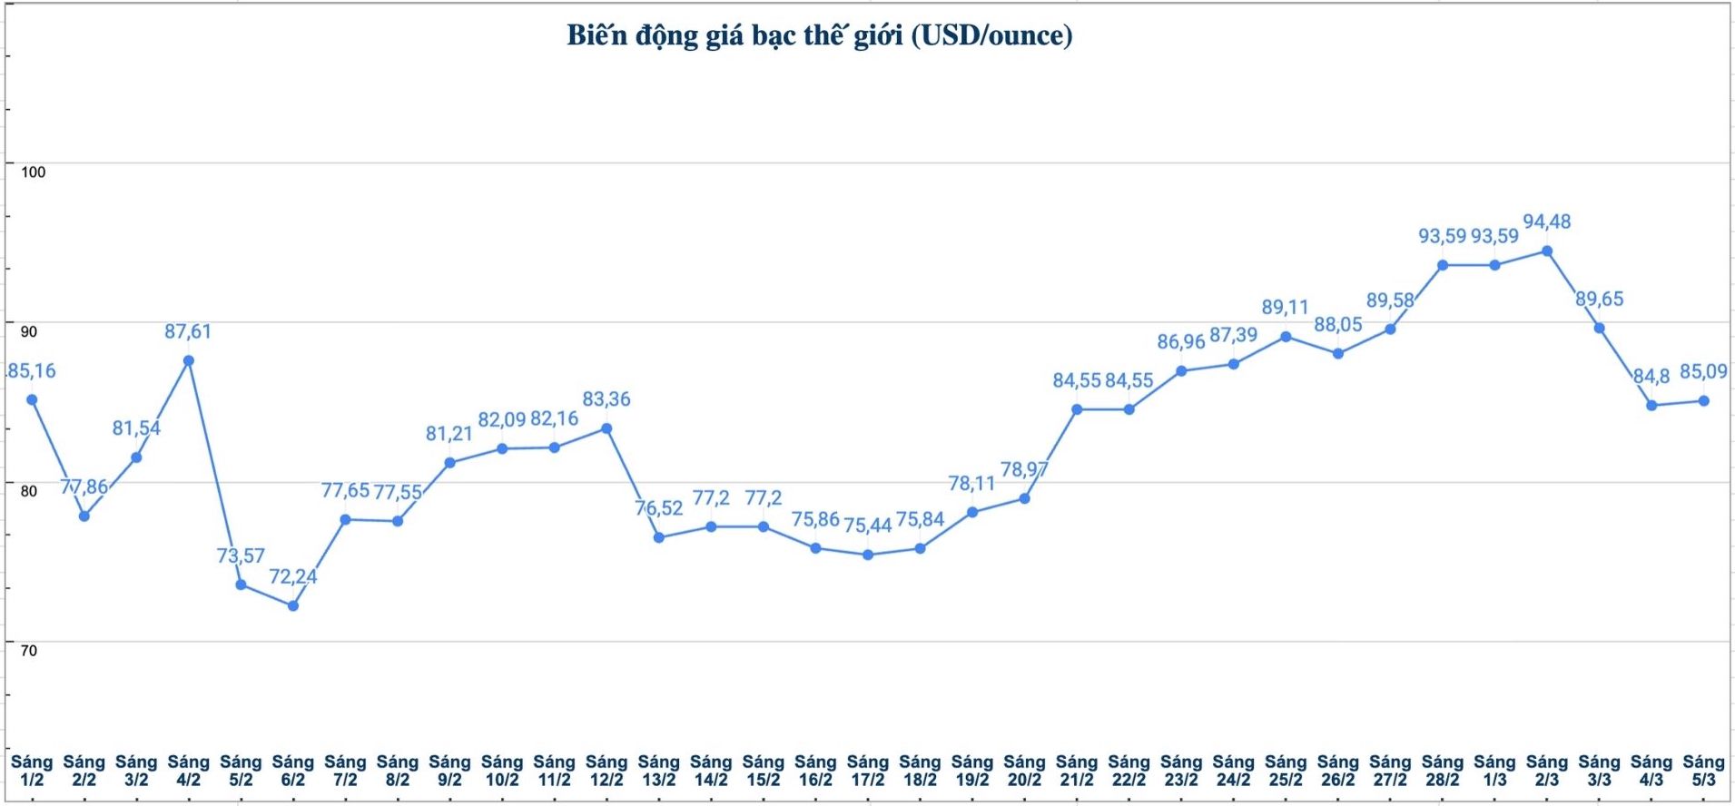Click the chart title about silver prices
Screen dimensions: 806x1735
tap(819, 35)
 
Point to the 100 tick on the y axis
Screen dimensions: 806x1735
tap(33, 172)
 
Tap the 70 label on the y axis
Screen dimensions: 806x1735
tap(29, 651)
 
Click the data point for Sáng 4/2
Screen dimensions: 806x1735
tap(189, 360)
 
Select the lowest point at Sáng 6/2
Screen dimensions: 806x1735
tap(293, 605)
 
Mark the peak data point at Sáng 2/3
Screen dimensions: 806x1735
tap(1547, 251)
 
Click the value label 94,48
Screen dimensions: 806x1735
tap(1546, 221)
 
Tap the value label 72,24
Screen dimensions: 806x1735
tap(292, 576)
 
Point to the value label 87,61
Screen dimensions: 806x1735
tap(188, 331)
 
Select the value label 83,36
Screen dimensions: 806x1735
tap(606, 399)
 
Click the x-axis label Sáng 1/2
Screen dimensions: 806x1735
tap(32, 771)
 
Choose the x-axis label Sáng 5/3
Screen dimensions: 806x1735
tap(1703, 771)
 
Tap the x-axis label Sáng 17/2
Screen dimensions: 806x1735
tap(868, 771)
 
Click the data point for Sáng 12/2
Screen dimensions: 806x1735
tap(606, 428)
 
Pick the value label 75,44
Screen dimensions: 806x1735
tap(867, 526)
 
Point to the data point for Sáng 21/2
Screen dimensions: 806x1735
tap(1077, 409)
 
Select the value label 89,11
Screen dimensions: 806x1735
tap(1285, 308)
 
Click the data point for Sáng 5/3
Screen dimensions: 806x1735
tap(1704, 401)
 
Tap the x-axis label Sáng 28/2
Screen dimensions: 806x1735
tap(1443, 771)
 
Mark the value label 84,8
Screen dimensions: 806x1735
tap(1651, 376)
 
